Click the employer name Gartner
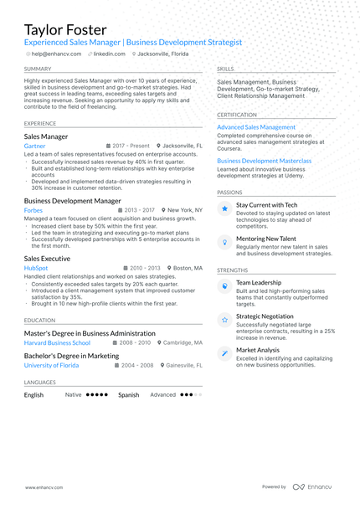35,146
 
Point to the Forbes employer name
34,210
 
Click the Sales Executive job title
47,259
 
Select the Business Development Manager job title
72,201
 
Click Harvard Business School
57,342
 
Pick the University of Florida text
53,365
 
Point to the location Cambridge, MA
183,342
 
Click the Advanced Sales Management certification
256,127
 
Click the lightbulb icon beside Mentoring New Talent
224,241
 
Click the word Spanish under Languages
128,394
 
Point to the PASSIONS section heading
229,192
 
